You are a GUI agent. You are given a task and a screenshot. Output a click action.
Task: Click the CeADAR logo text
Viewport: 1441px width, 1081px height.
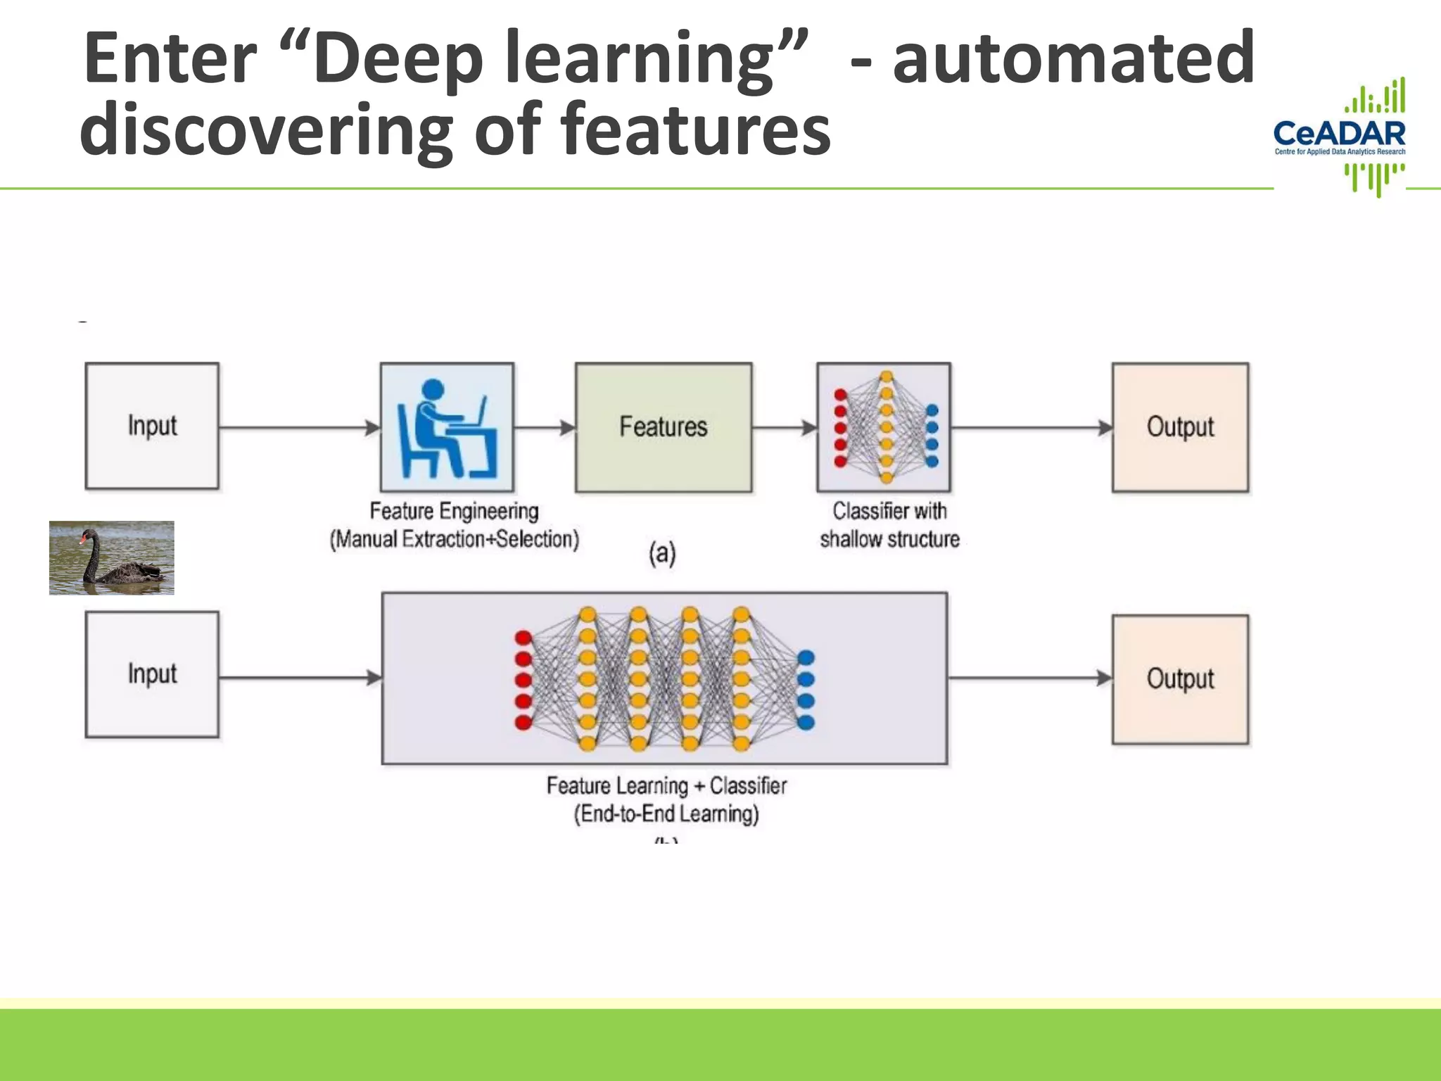(1339, 133)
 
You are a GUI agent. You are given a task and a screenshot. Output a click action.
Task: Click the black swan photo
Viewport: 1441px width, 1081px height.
(111, 557)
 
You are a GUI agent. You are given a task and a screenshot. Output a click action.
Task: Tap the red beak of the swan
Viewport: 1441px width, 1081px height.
(82, 540)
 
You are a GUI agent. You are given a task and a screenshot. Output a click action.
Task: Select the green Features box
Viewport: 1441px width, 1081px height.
(663, 426)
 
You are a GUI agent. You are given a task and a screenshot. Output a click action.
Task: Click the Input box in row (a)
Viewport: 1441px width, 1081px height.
(152, 426)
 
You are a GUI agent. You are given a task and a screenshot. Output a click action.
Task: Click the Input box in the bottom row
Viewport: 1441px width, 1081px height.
(152, 674)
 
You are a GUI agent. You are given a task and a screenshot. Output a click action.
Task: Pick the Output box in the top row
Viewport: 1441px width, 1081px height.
(1180, 426)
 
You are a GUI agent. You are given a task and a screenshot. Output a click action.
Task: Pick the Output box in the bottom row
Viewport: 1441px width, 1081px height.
(1180, 678)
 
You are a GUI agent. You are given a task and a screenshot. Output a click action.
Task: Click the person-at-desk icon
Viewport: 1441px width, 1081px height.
(447, 427)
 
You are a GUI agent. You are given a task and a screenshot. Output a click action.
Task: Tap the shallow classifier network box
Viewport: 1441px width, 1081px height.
(884, 427)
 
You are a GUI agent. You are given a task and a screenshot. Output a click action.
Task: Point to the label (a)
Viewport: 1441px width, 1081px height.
(662, 553)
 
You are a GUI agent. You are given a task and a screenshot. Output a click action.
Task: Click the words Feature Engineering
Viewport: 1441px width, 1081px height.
(454, 511)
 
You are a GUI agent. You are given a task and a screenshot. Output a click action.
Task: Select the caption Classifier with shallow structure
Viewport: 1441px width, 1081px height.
(889, 525)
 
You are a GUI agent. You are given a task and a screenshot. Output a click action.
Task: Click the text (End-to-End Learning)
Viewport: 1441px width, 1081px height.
(666, 814)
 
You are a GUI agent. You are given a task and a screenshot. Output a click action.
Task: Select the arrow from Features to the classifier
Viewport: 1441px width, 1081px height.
(783, 427)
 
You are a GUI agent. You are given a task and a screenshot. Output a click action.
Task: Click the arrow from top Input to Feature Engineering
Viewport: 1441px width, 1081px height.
(298, 427)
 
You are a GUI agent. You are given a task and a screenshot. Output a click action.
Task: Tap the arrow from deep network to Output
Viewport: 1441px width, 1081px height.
(1029, 678)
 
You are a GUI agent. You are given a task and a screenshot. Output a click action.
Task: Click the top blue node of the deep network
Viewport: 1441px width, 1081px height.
(806, 657)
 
